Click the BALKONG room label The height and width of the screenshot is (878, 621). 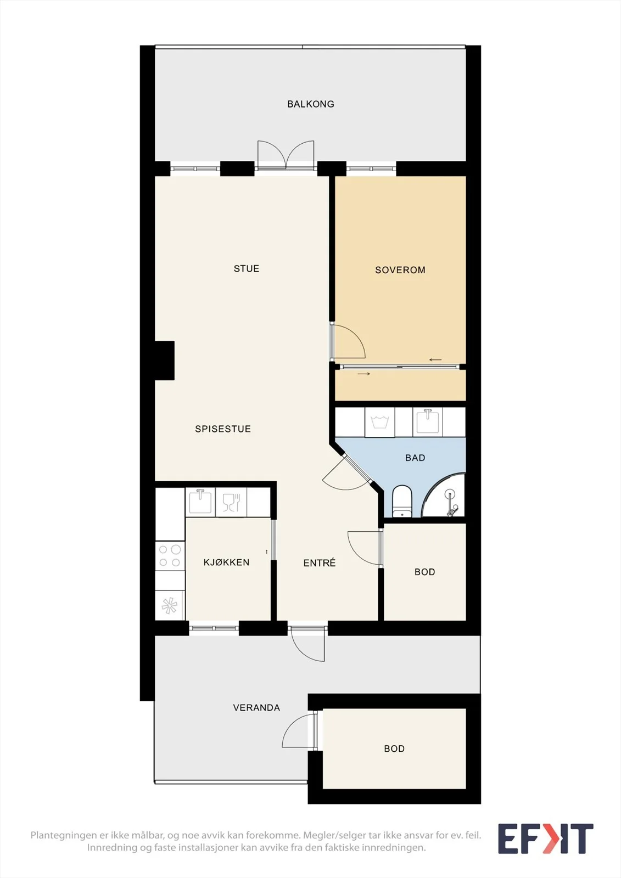pyautogui.click(x=311, y=104)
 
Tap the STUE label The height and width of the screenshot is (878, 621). pyautogui.click(x=247, y=269)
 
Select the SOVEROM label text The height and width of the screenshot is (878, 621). pyautogui.click(x=400, y=270)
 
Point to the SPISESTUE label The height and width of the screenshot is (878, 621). pyautogui.click(x=223, y=429)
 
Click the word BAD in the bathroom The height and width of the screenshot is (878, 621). pyautogui.click(x=415, y=458)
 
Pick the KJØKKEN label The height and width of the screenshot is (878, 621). pyautogui.click(x=226, y=562)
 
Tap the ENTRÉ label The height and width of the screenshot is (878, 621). pyautogui.click(x=320, y=563)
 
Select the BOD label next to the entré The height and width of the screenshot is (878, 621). pyautogui.click(x=425, y=572)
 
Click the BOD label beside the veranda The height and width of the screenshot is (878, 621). pyautogui.click(x=394, y=748)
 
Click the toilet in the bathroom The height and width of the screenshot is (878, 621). pyautogui.click(x=402, y=502)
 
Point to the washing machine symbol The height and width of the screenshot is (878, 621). pyautogui.click(x=380, y=422)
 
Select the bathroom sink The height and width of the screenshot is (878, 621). pyautogui.click(x=427, y=421)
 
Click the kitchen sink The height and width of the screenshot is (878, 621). pyautogui.click(x=200, y=502)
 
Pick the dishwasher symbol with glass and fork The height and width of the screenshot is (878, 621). pyautogui.click(x=231, y=502)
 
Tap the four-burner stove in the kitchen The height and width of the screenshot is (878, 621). pyautogui.click(x=170, y=556)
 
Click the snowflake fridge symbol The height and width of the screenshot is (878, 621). pyautogui.click(x=170, y=606)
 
